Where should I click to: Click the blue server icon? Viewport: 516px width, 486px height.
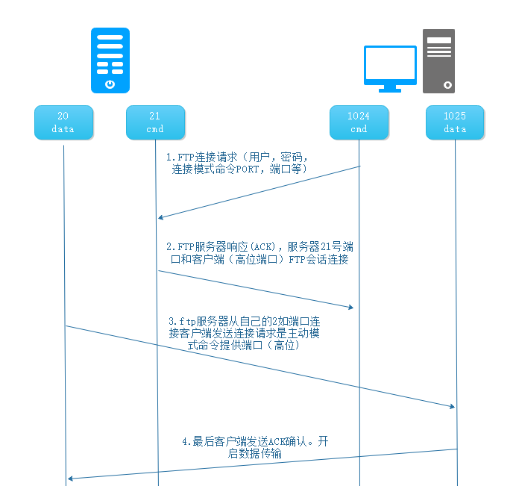pos(110,60)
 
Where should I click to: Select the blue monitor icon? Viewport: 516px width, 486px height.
pos(389,65)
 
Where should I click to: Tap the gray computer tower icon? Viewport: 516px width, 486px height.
pos(438,60)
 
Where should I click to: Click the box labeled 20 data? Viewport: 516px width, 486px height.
pos(63,122)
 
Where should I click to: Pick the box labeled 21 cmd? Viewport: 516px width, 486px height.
pos(155,122)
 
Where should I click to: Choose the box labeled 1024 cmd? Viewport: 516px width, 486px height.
pos(359,122)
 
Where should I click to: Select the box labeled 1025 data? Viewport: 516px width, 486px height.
pos(455,122)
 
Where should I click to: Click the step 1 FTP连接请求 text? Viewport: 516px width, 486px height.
pos(236,163)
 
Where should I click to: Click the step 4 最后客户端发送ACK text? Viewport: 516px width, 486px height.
pos(255,447)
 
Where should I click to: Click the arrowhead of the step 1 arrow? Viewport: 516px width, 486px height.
pos(160,217)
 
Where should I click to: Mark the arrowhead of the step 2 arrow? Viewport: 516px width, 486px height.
pos(350,307)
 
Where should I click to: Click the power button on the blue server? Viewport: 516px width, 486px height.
pos(110,84)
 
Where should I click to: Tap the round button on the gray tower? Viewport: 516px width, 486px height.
pos(447,85)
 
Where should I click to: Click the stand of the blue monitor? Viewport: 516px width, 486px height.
pos(389,87)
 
